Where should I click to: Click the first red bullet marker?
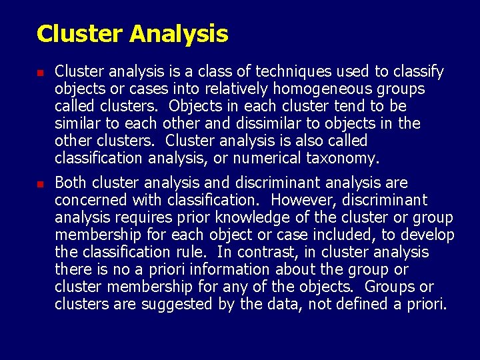pyautogui.click(x=41, y=72)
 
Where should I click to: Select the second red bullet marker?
pyautogui.click(x=41, y=183)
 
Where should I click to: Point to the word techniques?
pyautogui.click(x=255, y=71)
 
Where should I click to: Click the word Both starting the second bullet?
pyautogui.click(x=70, y=183)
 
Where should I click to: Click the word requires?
pyautogui.click(x=142, y=217)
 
